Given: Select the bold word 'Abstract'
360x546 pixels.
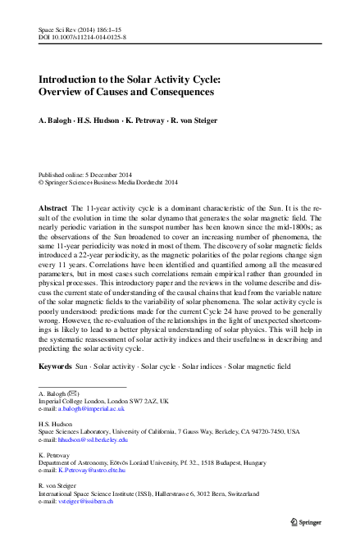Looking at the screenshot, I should (x=53, y=209).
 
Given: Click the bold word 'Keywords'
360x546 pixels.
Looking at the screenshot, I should (x=56, y=363).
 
